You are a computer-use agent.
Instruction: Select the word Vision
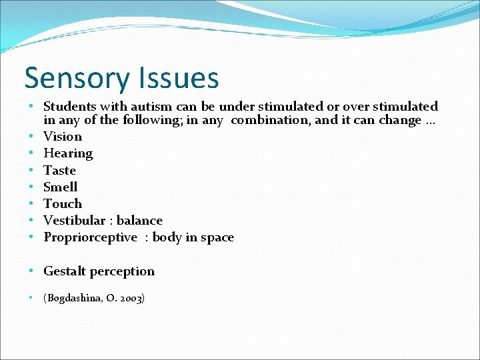pyautogui.click(x=63, y=137)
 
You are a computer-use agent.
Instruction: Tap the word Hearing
pyautogui.click(x=68, y=153)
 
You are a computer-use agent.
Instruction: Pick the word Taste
pyautogui.click(x=59, y=170)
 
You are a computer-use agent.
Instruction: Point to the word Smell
pyautogui.click(x=60, y=187)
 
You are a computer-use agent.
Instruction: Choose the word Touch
pyautogui.click(x=63, y=203)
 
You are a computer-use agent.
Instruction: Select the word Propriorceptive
pyautogui.click(x=91, y=237)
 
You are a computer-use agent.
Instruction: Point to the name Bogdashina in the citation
pyautogui.click(x=73, y=298)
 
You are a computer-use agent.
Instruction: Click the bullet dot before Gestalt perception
pyautogui.click(x=33, y=271)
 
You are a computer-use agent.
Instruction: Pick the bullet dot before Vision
pyautogui.click(x=33, y=137)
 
